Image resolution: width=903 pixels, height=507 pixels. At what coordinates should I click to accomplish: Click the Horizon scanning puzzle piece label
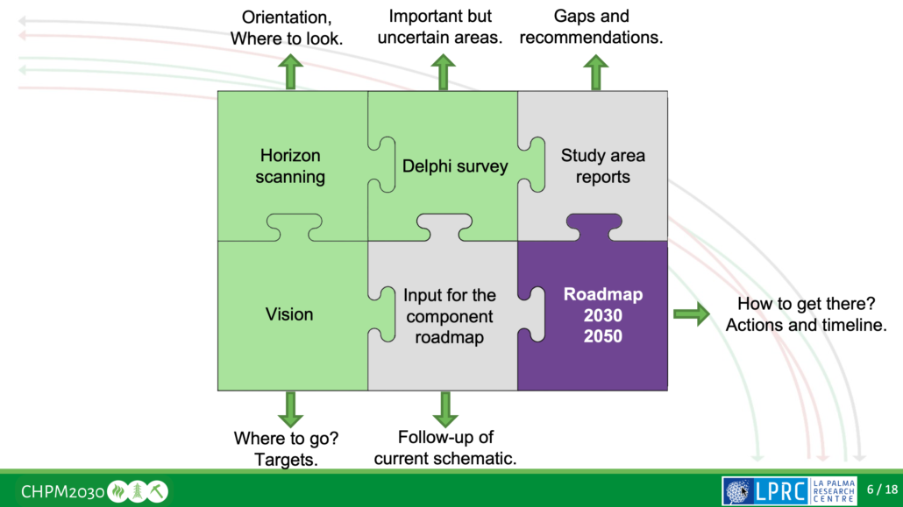click(291, 166)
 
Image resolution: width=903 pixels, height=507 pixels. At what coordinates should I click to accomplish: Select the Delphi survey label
click(455, 165)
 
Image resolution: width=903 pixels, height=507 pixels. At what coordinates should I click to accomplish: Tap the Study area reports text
click(603, 166)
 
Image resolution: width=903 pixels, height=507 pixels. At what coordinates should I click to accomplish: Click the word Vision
click(289, 314)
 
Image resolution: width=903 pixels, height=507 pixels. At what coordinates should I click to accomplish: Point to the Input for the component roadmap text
click(450, 316)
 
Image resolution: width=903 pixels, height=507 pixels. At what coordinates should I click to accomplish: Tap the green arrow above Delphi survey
click(444, 72)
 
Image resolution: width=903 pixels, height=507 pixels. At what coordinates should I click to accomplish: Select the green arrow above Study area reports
click(596, 72)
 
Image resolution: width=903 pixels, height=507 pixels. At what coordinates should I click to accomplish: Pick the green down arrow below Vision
click(289, 409)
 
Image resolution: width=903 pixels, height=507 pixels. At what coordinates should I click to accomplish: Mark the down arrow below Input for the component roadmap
click(445, 409)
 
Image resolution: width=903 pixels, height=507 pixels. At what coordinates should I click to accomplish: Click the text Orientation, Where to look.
click(287, 28)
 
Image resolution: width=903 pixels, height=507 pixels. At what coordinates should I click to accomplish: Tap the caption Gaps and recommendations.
click(596, 27)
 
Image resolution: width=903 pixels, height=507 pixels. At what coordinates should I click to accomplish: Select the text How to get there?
click(807, 305)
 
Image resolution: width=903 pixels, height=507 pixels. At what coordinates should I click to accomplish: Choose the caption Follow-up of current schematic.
click(445, 447)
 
